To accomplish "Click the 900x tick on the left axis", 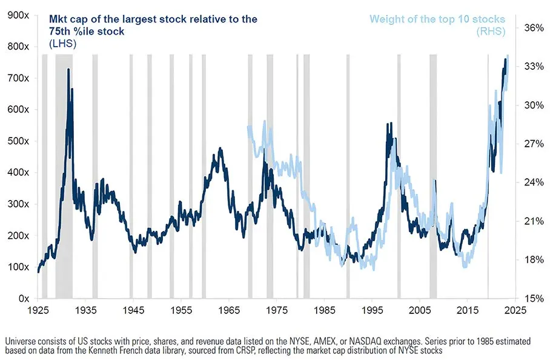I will [x=18, y=15].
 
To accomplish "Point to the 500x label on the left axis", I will [x=18, y=141].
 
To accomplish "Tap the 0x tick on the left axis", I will [x=24, y=298].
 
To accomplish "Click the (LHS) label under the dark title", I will [x=62, y=44].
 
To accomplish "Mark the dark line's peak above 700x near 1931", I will [x=68, y=70].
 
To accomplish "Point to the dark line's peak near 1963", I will [x=219, y=148].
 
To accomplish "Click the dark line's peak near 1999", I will [x=387, y=124].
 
